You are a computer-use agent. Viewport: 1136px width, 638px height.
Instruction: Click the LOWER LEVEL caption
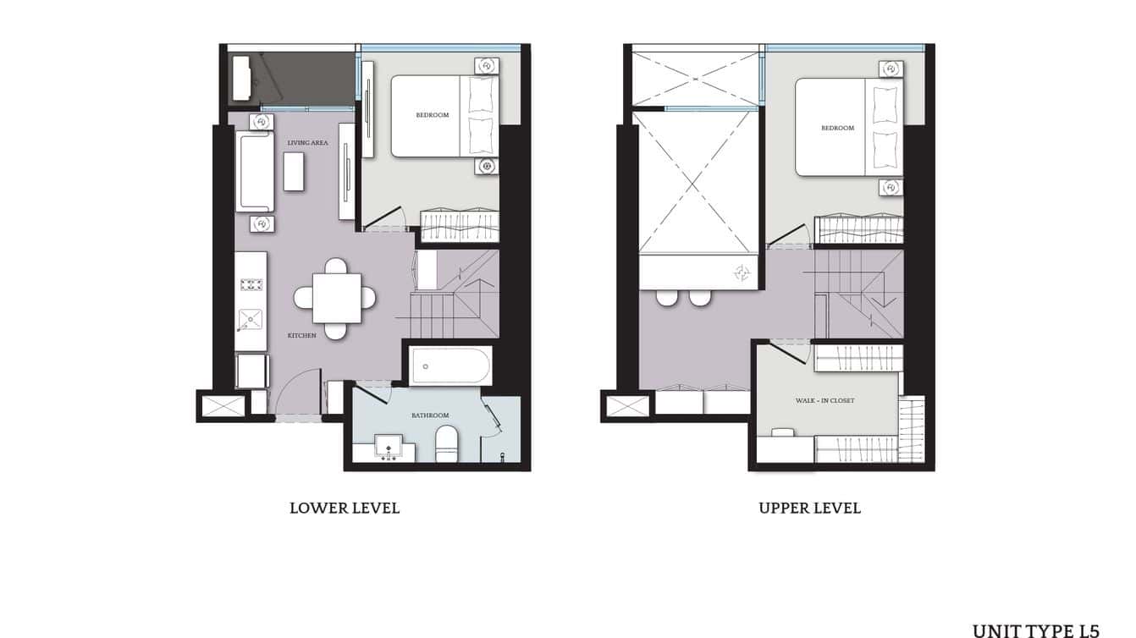pos(345,509)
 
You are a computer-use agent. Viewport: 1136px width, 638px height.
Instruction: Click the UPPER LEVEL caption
pos(809,509)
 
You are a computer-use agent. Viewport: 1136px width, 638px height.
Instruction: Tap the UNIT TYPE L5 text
pos(1035,630)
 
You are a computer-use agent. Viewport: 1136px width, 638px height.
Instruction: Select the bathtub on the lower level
pos(449,366)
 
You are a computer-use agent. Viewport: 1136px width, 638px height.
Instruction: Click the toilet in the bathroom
pos(446,443)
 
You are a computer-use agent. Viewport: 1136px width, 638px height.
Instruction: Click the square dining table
pos(336,298)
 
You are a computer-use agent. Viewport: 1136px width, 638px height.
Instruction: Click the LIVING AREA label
pos(307,143)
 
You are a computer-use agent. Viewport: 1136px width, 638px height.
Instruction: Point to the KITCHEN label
pos(301,336)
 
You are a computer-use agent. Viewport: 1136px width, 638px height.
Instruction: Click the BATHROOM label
pos(430,415)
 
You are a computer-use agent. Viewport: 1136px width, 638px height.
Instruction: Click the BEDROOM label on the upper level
pos(837,129)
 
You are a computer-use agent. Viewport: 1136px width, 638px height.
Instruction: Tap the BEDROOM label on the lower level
pos(432,115)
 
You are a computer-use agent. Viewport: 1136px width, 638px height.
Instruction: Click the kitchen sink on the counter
pos(251,319)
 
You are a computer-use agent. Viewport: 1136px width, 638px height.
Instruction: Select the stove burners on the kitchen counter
pos(251,284)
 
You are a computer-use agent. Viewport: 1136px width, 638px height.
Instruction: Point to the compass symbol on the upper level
pos(742,272)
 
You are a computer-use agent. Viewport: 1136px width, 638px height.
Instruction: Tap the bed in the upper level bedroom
pos(848,127)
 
